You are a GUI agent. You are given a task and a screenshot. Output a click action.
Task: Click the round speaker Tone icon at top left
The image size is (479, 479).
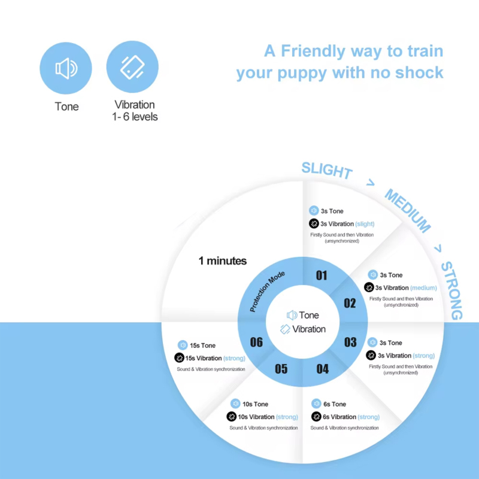pos(66,68)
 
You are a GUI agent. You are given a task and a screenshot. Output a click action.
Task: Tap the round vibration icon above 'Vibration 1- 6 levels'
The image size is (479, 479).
pos(132,67)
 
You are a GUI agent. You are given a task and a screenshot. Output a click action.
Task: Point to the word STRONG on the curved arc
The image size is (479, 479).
pos(451,290)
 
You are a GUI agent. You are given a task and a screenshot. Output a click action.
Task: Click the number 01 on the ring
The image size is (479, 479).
pos(322,275)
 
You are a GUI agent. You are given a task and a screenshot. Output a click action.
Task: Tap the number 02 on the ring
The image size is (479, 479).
pos(350,303)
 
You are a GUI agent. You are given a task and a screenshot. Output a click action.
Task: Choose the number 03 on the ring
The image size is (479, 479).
pos(350,342)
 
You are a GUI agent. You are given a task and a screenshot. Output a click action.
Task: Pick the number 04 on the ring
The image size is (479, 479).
pos(322,369)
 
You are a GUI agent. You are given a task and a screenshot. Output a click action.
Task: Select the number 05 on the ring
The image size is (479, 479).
pos(281,369)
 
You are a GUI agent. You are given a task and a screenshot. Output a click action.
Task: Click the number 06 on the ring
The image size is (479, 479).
pos(256,342)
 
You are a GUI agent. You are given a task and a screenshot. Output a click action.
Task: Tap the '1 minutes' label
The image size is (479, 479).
pos(223,261)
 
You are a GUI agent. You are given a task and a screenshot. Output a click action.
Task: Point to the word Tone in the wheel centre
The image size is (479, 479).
pos(309,315)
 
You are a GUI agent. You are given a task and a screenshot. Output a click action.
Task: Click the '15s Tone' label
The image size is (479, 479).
pos(202,345)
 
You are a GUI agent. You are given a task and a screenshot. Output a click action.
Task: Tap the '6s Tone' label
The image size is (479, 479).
pos(335,404)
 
